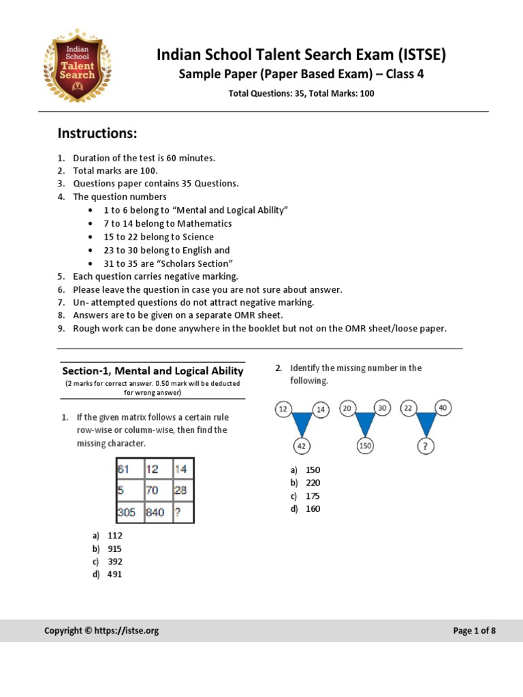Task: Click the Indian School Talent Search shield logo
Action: [77, 68]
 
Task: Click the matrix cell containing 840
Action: [155, 512]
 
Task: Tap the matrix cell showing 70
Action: [155, 490]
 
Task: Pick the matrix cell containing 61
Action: [128, 469]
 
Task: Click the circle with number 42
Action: [302, 447]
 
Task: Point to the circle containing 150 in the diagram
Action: [366, 447]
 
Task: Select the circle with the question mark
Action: [427, 447]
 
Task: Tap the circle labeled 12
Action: [283, 408]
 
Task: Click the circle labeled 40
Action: [443, 408]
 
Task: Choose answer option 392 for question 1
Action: [115, 562]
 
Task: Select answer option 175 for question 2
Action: [313, 496]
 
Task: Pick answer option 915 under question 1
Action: [115, 549]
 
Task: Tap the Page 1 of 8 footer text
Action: [474, 631]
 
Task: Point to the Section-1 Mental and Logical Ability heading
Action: [153, 371]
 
